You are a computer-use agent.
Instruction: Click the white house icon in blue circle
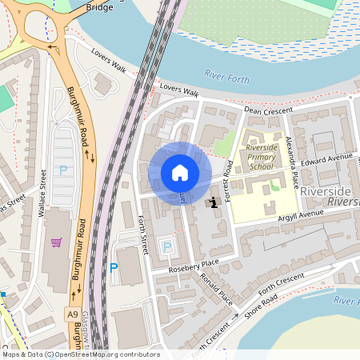click(180, 173)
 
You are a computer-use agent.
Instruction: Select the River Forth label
click(226, 78)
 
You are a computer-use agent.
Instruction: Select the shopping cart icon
click(56, 242)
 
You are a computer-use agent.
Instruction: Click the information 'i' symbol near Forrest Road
click(214, 202)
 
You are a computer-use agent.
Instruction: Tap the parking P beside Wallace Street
click(62, 170)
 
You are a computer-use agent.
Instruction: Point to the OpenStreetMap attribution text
click(80, 354)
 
